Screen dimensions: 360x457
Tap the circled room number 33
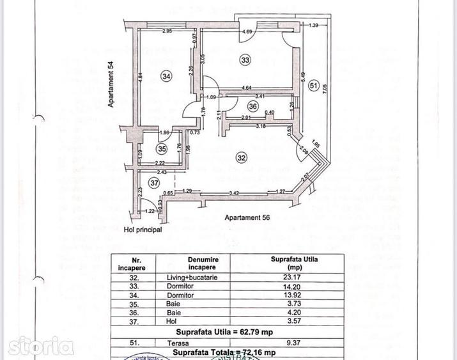(245, 59)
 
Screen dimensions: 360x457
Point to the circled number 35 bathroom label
(161, 150)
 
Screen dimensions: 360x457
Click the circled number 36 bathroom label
(252, 107)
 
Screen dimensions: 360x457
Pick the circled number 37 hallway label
(154, 183)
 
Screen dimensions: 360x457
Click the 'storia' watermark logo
(37, 347)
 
